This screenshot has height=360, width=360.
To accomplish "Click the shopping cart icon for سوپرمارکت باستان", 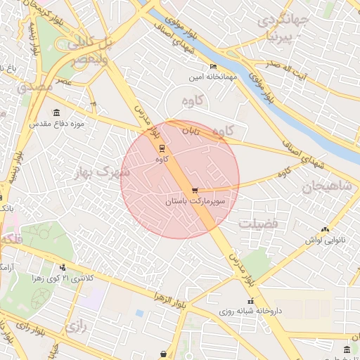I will point(195,191).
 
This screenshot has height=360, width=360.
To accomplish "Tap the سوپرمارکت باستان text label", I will point(195,201).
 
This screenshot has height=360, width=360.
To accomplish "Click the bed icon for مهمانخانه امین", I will point(213,67).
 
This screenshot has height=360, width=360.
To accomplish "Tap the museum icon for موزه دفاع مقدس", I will point(56,112).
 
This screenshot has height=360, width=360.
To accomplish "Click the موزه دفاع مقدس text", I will point(56,123).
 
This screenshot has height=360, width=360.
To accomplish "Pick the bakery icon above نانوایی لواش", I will point(324,229).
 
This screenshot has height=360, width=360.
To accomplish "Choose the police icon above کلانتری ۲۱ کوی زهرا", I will point(63,267).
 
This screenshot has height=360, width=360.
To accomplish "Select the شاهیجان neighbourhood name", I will point(321,187).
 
